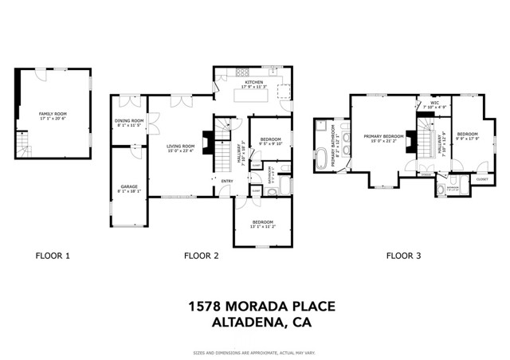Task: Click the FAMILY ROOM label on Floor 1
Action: [53, 114]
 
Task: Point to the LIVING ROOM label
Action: [181, 146]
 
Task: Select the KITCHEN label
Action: [254, 82]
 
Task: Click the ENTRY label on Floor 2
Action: [226, 181]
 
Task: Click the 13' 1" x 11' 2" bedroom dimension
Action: [263, 226]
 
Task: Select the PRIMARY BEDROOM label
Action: [384, 136]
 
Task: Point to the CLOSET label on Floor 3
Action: [482, 179]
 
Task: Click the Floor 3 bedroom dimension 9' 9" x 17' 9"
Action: [467, 139]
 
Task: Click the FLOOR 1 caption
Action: [53, 256]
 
